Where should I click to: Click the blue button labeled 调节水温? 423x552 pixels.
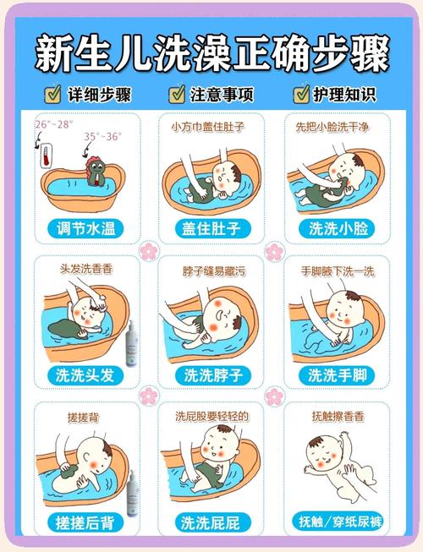(x=86, y=229)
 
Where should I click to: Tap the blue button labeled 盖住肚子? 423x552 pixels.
(x=211, y=229)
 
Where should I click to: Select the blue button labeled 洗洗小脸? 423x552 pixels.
(x=337, y=229)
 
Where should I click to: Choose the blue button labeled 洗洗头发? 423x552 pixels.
(x=86, y=374)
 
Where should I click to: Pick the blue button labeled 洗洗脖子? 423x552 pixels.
(x=211, y=374)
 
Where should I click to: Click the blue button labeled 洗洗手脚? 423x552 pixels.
(x=337, y=374)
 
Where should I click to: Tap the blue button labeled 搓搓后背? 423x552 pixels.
(x=86, y=520)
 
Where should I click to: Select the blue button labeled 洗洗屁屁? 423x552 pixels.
(x=211, y=520)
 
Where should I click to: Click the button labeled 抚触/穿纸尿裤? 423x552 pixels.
(x=337, y=520)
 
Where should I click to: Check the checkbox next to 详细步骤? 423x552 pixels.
(x=52, y=93)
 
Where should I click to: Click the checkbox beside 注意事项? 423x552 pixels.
(x=177, y=93)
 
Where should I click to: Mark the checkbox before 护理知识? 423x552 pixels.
(x=301, y=93)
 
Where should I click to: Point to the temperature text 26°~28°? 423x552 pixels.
(x=53, y=123)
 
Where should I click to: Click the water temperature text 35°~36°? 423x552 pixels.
(x=102, y=135)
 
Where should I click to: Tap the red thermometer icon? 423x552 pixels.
(x=44, y=156)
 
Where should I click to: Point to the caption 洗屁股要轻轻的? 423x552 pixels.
(x=211, y=417)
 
